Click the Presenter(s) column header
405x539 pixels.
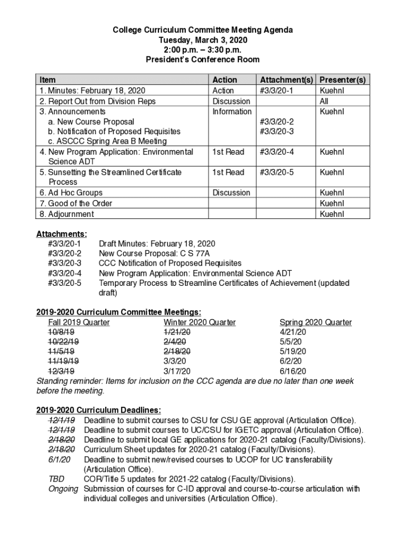(x=343, y=79)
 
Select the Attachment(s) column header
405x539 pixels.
(x=286, y=79)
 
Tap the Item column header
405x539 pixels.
(x=47, y=79)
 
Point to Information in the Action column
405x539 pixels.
(x=231, y=112)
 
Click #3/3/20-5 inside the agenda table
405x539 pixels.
(x=277, y=172)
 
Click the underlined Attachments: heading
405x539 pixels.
(x=62, y=234)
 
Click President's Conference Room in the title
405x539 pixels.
(x=202, y=60)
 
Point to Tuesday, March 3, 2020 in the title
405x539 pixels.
(x=202, y=40)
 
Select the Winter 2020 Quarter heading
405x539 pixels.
(x=199, y=322)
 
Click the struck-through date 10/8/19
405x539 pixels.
(x=61, y=332)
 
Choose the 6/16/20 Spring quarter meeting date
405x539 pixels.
(x=292, y=371)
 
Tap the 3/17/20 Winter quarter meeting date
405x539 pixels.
(x=177, y=371)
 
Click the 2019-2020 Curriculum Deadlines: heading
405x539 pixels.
(x=98, y=410)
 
